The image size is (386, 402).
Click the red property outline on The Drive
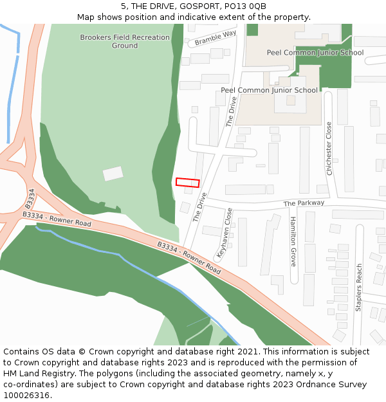click(187, 183)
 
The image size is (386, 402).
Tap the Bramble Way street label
click(216, 38)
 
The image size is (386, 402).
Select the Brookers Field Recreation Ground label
click(125, 41)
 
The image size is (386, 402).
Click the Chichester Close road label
click(329, 149)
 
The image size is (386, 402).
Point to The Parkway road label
click(304, 203)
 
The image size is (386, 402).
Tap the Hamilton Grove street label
click(293, 241)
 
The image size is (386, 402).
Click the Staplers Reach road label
click(359, 288)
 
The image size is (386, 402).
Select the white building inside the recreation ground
click(113, 174)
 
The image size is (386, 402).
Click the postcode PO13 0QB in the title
click(248, 6)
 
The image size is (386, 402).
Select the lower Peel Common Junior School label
click(269, 90)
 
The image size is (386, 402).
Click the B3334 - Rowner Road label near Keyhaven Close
click(189, 258)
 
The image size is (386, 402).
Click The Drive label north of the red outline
click(232, 111)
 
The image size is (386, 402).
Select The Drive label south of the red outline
click(200, 206)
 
